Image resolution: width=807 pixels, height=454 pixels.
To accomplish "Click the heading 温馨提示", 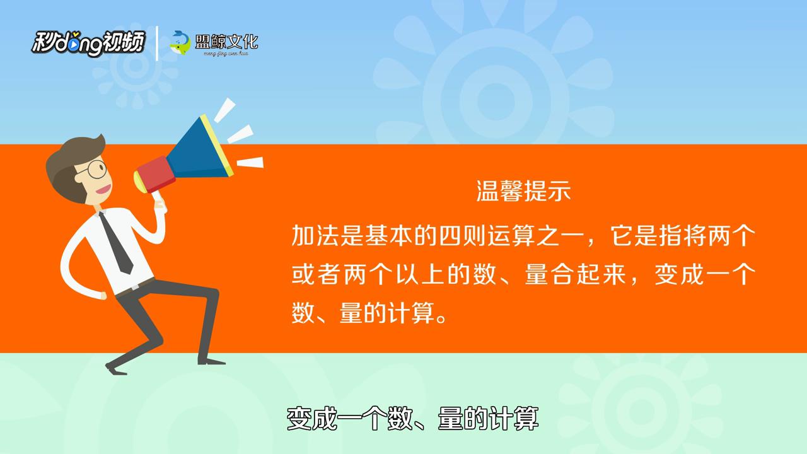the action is pos(523,190).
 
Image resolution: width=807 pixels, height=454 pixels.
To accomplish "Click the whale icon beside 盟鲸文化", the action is pos(180,43).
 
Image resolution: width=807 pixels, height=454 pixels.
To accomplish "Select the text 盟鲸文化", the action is pos(226,42).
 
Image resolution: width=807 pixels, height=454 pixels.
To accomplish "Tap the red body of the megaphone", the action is pos(156,175).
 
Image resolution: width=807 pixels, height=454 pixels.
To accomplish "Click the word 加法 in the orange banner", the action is pos(316,236).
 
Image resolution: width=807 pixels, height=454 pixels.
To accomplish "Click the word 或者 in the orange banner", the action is pos(316,274).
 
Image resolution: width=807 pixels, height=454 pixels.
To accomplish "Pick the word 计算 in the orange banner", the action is pos(412,313).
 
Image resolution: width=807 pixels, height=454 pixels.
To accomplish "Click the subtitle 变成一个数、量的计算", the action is pos(412,418).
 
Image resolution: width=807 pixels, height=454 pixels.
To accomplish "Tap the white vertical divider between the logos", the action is pos(157,44).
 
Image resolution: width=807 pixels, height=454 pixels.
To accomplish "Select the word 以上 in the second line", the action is pos(420,274).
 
